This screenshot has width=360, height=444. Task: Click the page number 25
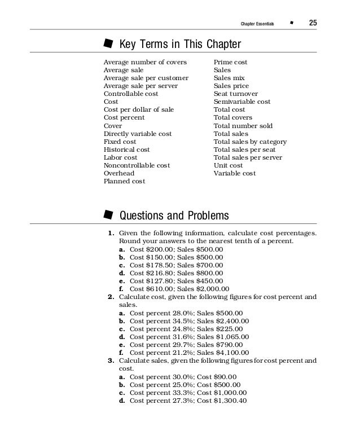coord(313,23)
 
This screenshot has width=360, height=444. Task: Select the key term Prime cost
coord(230,62)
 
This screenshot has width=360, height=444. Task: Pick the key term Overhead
coord(119,173)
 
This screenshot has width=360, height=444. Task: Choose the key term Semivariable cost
coord(242,102)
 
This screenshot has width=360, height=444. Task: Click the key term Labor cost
coord(120,157)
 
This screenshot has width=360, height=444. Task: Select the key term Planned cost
coord(124,181)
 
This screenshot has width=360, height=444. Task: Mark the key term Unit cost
coord(228,165)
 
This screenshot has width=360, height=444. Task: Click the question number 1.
coord(111,233)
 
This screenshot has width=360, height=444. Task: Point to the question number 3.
coord(111,360)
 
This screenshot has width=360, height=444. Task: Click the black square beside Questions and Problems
coord(107,215)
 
